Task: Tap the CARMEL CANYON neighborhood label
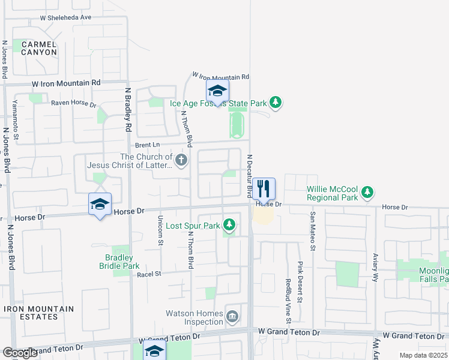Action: [x=39, y=48]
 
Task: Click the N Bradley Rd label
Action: [x=128, y=110]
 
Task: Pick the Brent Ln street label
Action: [x=148, y=145]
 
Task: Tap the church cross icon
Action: [x=181, y=160]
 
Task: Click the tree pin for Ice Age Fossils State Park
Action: [x=276, y=103]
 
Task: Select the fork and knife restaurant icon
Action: [x=264, y=189]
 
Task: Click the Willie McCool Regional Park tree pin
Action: [x=368, y=193]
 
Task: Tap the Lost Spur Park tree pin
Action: [x=229, y=225]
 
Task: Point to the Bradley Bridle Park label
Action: [x=119, y=262]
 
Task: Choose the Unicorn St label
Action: [x=160, y=230]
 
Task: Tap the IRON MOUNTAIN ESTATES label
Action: [x=39, y=313]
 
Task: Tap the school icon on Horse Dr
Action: [x=100, y=204]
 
